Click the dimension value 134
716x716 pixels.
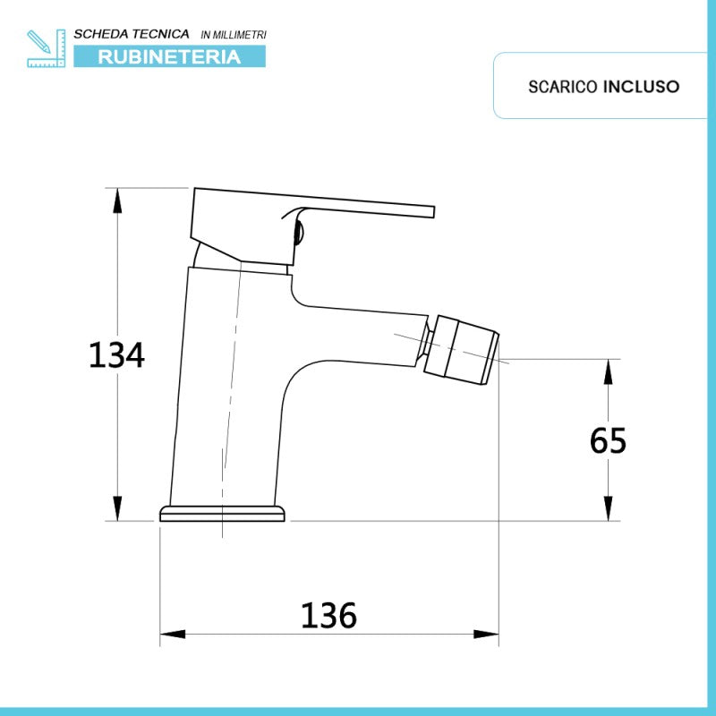pyautogui.click(x=116, y=355)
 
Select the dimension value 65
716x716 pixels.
pyautogui.click(x=609, y=440)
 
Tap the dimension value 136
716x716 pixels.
pyautogui.click(x=328, y=616)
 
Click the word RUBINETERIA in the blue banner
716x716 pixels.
pyautogui.click(x=169, y=57)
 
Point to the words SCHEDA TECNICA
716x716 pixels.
pyautogui.click(x=131, y=34)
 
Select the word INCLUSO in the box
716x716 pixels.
pyautogui.click(x=641, y=87)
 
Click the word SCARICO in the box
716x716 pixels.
pyautogui.click(x=563, y=87)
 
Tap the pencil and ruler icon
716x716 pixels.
pyautogui.click(x=47, y=48)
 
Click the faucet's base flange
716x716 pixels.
pyautogui.click(x=223, y=513)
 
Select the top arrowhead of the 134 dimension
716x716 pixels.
pyautogui.click(x=117, y=200)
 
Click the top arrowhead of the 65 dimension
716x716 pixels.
pyautogui.click(x=609, y=371)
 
